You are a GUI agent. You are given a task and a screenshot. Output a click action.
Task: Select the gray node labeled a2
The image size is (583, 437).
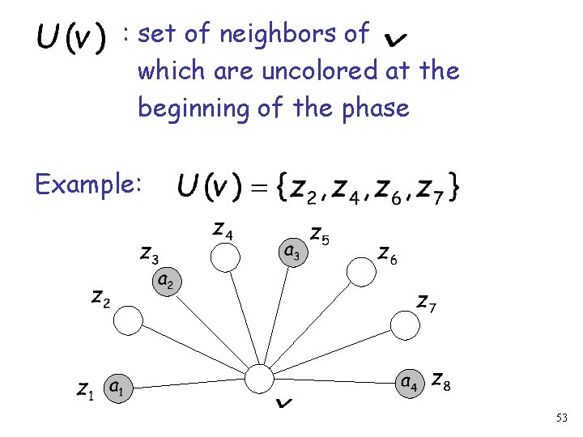pos(165,281)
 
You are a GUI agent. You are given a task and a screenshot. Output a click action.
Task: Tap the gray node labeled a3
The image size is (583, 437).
pos(292,251)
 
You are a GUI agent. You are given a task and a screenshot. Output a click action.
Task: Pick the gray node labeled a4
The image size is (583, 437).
pos(410,380)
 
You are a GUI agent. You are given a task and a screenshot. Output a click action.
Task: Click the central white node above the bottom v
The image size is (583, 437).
pos(259,379)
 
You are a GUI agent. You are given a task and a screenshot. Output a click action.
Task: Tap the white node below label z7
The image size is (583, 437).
pos(404,325)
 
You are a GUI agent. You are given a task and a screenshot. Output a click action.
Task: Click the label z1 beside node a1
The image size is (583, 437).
pos(86,390)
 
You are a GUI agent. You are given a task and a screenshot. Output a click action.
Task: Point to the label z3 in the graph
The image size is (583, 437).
pos(149,255)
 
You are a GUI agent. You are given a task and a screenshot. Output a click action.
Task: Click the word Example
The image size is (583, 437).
pos(88,185)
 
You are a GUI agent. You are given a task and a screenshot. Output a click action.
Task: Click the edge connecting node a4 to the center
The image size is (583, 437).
pos(340,380)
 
